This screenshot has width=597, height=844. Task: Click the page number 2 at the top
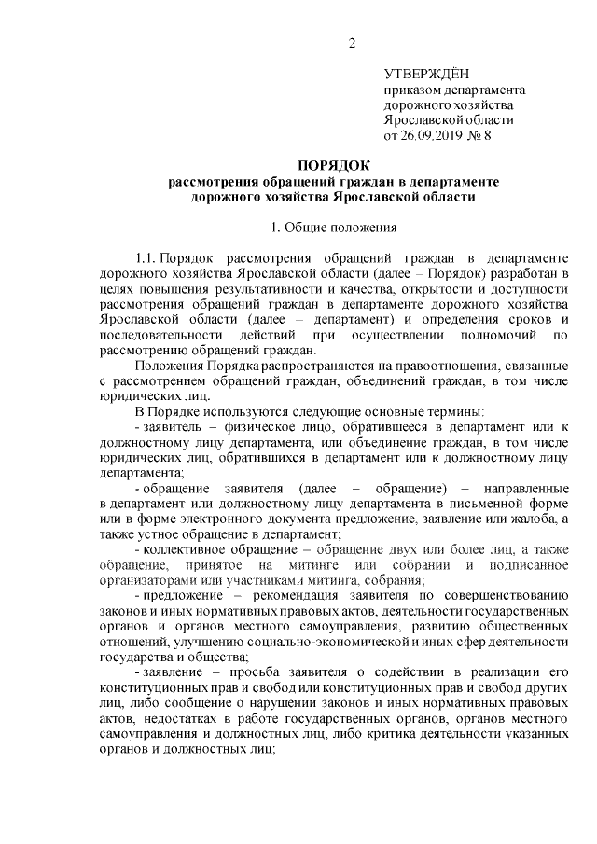[x=352, y=43]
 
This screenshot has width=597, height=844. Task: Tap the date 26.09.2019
[x=435, y=135]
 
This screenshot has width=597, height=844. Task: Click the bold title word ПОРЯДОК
[x=333, y=165]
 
